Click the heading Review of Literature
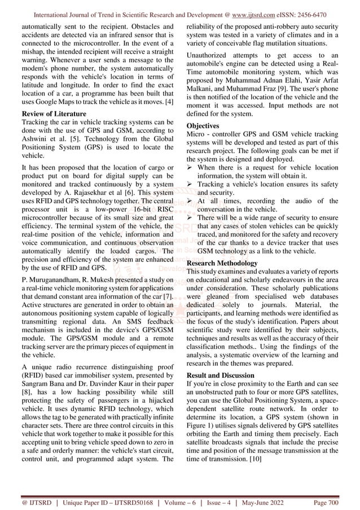coord(49,112)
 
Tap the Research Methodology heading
coord(222,263)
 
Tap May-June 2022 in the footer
coord(280,499)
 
